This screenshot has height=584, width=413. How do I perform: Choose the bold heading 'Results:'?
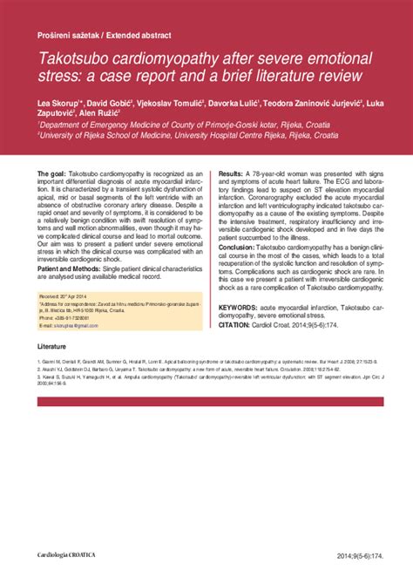[x=231, y=175]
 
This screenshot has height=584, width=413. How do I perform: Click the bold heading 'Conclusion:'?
[x=240, y=248]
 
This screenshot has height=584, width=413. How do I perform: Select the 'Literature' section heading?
[x=53, y=346]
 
